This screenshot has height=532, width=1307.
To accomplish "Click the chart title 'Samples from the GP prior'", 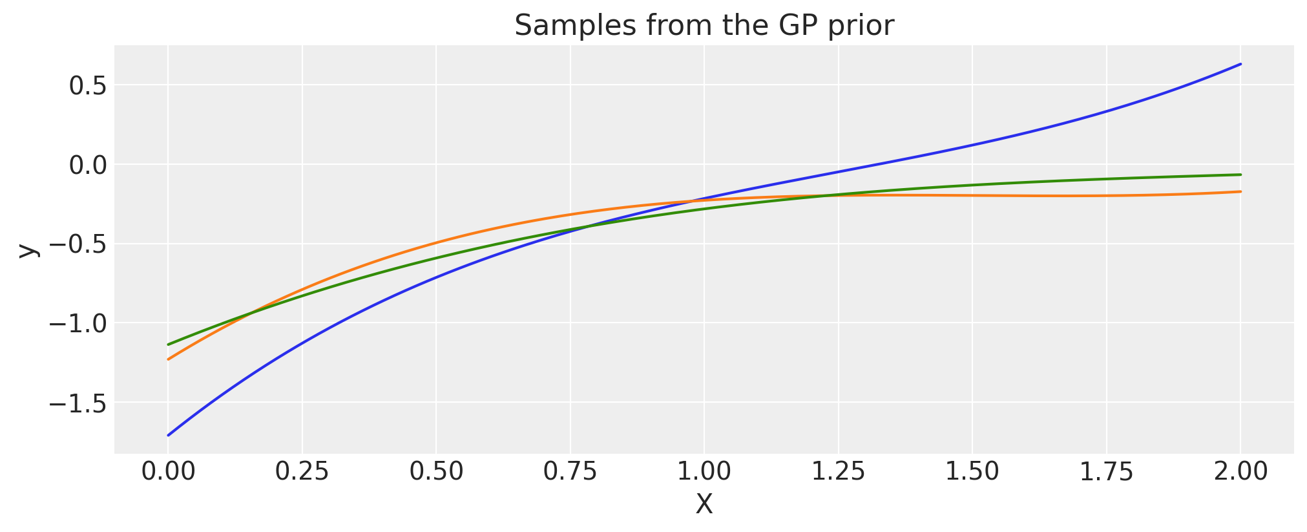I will point(704,26).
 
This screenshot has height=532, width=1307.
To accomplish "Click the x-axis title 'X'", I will point(704,505).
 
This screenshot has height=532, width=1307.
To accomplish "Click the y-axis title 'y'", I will point(27,250).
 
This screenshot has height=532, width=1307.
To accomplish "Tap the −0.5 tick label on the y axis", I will point(78,244).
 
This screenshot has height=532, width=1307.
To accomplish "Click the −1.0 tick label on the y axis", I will point(78,323).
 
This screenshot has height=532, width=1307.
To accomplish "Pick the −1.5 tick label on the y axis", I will point(78,403).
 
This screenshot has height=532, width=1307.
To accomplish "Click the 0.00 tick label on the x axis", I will point(168,472).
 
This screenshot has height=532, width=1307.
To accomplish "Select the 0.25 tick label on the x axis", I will point(302,472).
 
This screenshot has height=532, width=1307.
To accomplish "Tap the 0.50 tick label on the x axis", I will point(436,472).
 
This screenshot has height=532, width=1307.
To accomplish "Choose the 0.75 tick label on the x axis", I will point(570,472).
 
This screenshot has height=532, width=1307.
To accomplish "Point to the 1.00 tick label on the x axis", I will point(704,472).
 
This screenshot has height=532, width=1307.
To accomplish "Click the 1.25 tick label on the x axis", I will point(838,472).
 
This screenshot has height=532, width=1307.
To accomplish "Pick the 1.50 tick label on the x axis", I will point(972,472).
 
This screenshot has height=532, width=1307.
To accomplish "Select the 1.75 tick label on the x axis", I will point(1106,472).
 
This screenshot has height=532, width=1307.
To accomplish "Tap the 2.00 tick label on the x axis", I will point(1240,472).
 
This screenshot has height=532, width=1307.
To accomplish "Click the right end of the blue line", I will point(1240,64).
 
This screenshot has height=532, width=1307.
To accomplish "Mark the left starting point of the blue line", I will point(168,435).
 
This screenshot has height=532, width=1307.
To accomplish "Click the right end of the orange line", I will point(1240,191).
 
